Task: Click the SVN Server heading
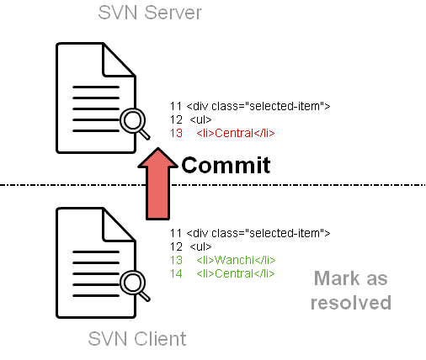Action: pos(150,13)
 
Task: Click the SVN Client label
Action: pos(137,339)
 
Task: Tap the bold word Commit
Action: pos(226,165)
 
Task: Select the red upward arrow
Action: pos(157,183)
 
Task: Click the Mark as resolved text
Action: pos(351,290)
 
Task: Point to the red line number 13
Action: pos(176,133)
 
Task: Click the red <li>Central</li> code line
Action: pos(236,133)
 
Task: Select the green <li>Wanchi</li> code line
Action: pos(236,260)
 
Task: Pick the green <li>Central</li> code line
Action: pos(236,273)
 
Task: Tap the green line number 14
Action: pos(176,273)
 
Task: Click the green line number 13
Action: pos(176,260)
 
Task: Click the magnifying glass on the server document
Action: pos(134,123)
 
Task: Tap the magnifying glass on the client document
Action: pos(134,285)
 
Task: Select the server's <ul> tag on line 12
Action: pos(200,119)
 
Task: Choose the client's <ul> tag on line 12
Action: pos(200,246)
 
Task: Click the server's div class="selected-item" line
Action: pos(258,106)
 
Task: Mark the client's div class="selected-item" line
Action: pos(258,233)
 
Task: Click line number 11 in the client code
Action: pos(176,233)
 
